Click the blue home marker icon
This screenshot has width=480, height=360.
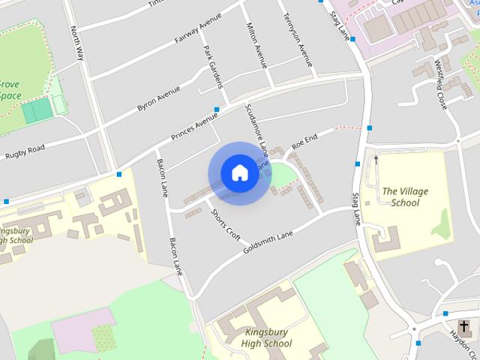239,172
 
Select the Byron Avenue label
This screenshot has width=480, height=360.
159,99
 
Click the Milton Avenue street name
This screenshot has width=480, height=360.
256,45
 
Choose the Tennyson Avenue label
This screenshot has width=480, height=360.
294,40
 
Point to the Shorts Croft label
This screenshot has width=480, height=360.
225,224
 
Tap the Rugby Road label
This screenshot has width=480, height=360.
25,151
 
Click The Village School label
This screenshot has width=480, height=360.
405,196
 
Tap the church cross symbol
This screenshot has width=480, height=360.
465,326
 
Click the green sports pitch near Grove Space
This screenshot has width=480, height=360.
37,111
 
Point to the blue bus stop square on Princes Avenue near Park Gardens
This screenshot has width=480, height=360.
216,109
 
